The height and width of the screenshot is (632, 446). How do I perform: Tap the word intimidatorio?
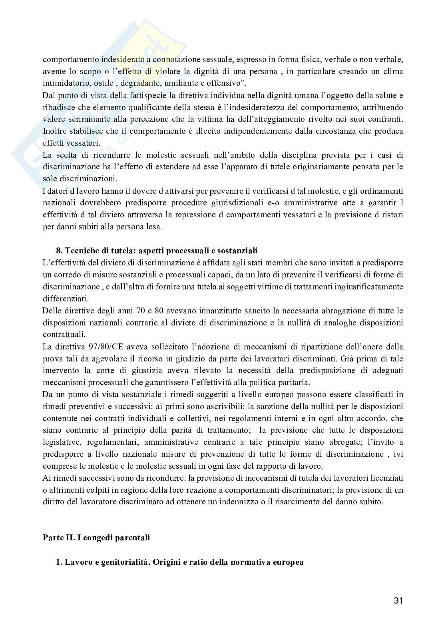coord(62,84)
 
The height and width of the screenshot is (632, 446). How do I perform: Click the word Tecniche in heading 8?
coord(81,251)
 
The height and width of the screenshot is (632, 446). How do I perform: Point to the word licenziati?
coord(386,478)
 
